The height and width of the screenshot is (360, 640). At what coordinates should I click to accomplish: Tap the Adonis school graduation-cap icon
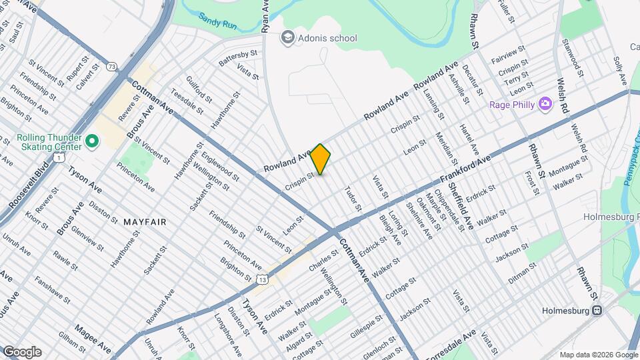coord(287,37)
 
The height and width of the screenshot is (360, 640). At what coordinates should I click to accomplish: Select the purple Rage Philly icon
coord(545,104)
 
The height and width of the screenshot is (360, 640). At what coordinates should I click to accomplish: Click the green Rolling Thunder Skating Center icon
coord(92,142)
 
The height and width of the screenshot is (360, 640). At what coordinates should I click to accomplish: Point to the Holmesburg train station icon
coord(597,311)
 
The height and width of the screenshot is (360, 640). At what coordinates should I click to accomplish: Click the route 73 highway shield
coord(111,66)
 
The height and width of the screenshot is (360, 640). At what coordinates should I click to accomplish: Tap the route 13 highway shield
coord(264,279)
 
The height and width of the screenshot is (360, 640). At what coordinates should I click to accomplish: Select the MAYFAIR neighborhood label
coord(145,221)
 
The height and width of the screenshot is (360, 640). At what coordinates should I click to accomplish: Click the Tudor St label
coord(353,199)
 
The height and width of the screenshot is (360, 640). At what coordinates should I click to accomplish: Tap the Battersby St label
coord(238,57)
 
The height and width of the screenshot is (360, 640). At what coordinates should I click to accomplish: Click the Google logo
coord(21,352)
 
